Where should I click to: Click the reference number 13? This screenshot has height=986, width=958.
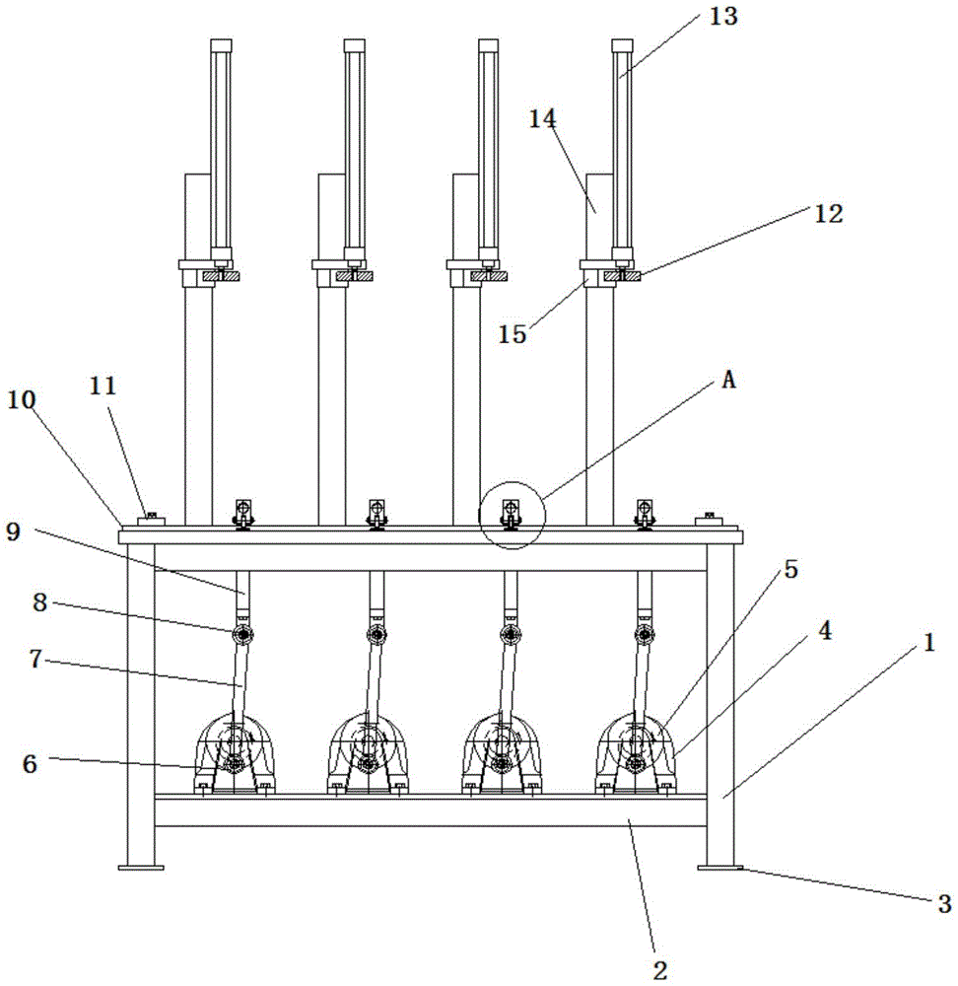[x=722, y=17]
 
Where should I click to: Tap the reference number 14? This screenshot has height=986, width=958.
[x=542, y=118]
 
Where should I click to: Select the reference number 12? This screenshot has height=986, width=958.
[x=828, y=214]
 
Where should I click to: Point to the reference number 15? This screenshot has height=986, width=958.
[x=512, y=334]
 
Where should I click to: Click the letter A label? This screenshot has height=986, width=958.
[x=728, y=380]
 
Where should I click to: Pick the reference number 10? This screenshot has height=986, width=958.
[x=22, y=399]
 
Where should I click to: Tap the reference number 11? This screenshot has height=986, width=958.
[x=103, y=386]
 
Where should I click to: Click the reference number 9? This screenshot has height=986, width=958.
[x=13, y=531]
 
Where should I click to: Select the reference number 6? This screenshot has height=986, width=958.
[x=31, y=763]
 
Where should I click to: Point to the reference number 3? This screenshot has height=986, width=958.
[x=944, y=903]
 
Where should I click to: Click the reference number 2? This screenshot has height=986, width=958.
[x=659, y=969]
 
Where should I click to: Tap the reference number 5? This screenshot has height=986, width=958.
[x=790, y=569]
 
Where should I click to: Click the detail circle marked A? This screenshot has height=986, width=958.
[x=512, y=515]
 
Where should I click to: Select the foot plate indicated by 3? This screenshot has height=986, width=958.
[x=719, y=868]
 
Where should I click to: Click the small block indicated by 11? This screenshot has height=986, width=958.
[x=151, y=520]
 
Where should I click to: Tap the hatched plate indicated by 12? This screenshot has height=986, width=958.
[x=622, y=276]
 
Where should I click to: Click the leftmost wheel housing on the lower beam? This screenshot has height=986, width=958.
[x=235, y=753]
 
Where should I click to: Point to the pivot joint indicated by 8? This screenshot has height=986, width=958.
[x=242, y=634]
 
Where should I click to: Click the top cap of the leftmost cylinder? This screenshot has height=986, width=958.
[x=221, y=45]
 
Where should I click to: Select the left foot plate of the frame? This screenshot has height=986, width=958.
[x=141, y=868]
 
